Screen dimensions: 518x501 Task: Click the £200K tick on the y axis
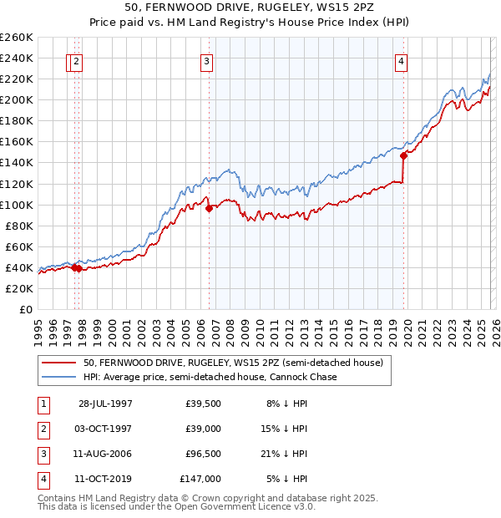click(16, 99)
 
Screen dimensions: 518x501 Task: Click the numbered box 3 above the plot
click(206, 60)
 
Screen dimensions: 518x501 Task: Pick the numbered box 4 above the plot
click(402, 60)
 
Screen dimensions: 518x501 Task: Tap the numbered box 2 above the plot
click(77, 60)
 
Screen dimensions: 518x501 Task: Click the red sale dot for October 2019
click(403, 155)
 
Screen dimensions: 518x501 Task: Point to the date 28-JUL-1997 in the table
click(105, 404)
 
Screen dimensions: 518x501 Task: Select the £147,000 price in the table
click(200, 479)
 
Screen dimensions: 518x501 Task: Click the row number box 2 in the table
click(42, 428)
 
